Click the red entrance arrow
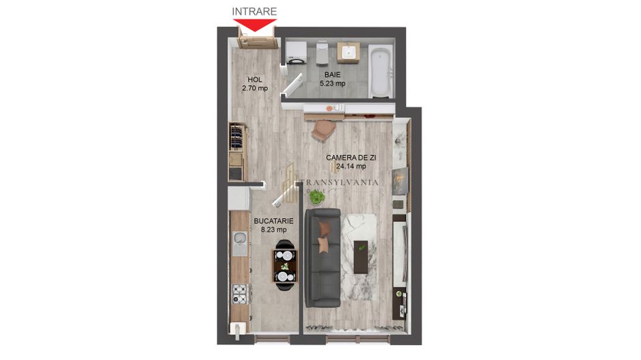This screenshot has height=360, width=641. coord(254,25)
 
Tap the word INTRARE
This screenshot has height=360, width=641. coord(254,11)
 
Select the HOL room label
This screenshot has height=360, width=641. coord(254,79)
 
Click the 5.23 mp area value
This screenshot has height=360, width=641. coord(333,83)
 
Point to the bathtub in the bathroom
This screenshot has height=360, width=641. coord(381,71)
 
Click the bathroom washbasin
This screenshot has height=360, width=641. coord(350,52)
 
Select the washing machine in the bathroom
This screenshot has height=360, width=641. coord(296,51)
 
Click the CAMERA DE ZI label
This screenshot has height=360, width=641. coord(351,157)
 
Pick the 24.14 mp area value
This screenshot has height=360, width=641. coord(351,166)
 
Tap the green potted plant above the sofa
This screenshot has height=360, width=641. coord(316,198)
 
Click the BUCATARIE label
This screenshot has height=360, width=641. coord(273,221)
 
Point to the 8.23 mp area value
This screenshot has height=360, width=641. coord(273,230)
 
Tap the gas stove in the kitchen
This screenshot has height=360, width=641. coord(240,294)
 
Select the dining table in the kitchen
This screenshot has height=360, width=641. coord(286,266)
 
